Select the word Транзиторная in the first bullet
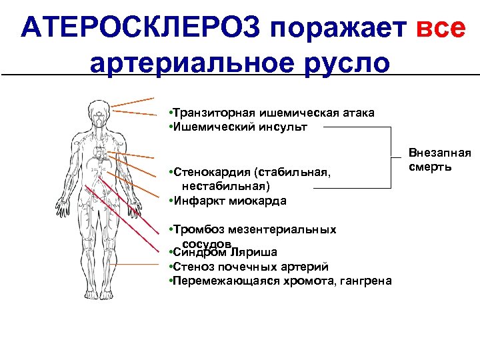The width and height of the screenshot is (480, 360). tap(211, 113)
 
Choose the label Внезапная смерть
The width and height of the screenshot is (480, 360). tap(439, 159)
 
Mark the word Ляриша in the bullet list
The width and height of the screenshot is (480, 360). tap(254, 253)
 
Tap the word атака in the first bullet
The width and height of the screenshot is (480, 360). tap(358, 113)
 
